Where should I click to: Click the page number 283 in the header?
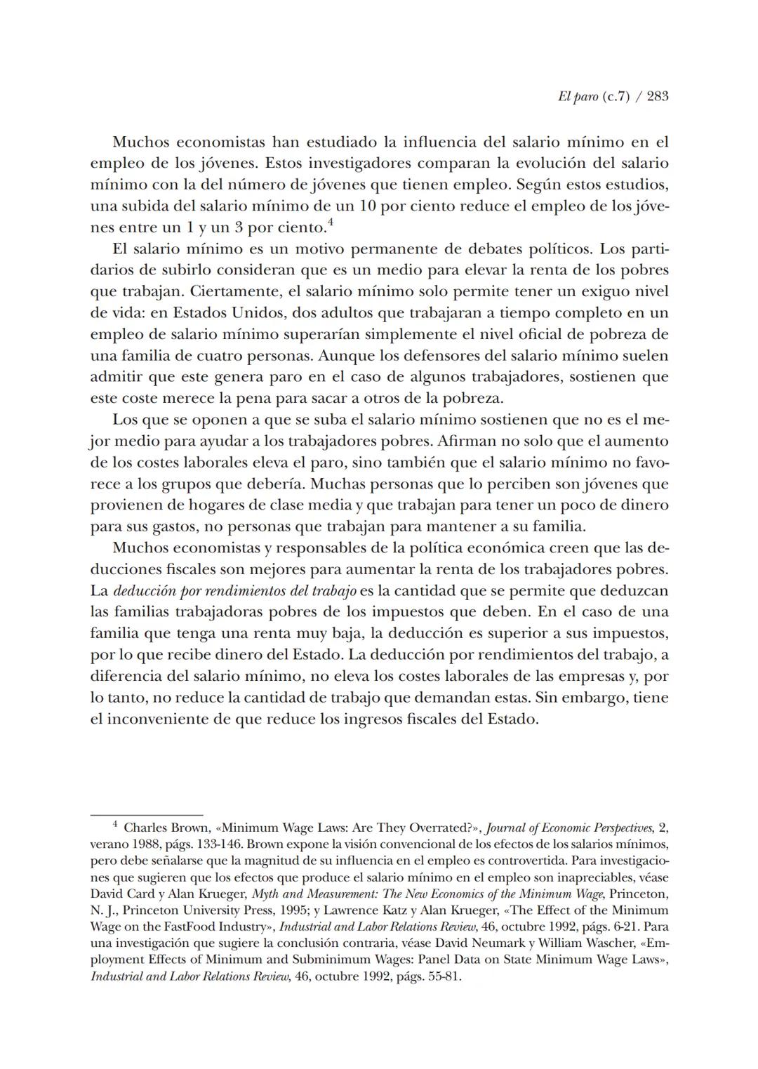(x=658, y=97)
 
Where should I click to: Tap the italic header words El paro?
(x=578, y=97)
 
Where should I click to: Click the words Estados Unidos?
(x=230, y=312)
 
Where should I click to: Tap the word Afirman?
(x=467, y=441)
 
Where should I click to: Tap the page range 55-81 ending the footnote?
(x=441, y=976)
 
